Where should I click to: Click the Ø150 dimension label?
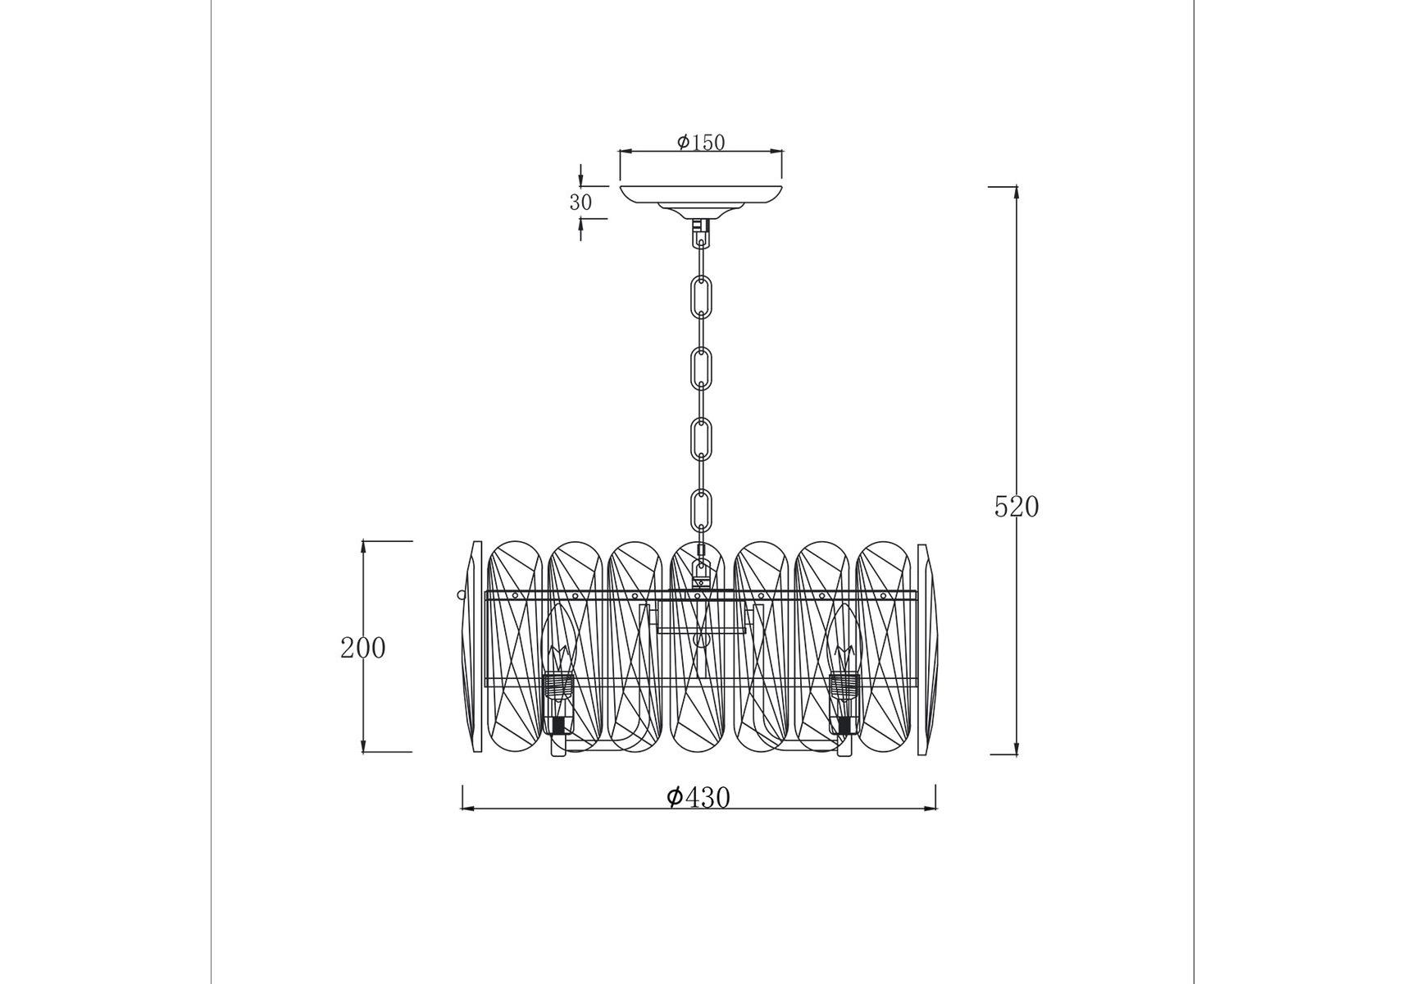(701, 143)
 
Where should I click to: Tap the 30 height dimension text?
(580, 203)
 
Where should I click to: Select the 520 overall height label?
(1017, 508)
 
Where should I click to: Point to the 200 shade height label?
(362, 649)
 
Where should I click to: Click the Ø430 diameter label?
(698, 797)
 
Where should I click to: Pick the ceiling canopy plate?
(701, 198)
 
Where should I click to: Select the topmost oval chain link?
(701, 296)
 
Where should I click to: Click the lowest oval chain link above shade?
(701, 509)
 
